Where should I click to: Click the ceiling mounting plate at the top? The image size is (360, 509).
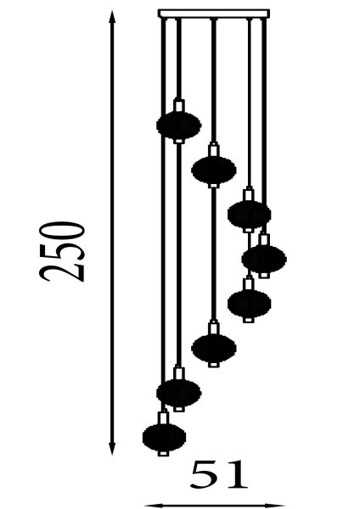[214, 14]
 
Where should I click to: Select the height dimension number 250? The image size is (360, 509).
[62, 252]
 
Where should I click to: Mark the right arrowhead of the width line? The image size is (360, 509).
[276, 506]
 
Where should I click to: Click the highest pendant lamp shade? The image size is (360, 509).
[178, 126]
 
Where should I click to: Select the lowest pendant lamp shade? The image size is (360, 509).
[165, 437]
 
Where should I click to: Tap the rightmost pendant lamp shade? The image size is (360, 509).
[264, 259]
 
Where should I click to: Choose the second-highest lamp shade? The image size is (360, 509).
[214, 170]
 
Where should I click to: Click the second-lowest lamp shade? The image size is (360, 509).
[178, 393]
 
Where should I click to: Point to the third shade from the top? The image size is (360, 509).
[250, 215]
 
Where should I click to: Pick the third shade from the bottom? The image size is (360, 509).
[214, 348]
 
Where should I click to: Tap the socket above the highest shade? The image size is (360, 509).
[178, 105]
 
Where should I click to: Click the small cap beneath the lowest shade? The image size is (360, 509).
[163, 453]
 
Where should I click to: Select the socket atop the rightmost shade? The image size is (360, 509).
[264, 239]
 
